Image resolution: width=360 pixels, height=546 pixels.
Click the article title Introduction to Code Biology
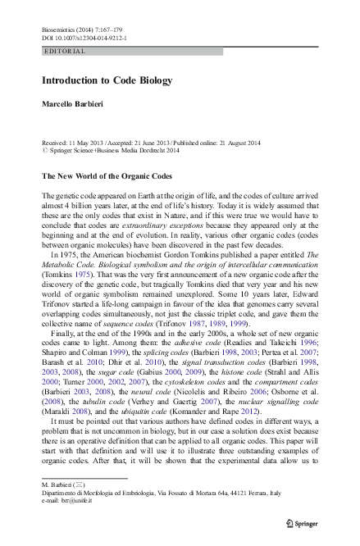coord(107,80)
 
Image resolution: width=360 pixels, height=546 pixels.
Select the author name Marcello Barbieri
coord(71,106)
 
